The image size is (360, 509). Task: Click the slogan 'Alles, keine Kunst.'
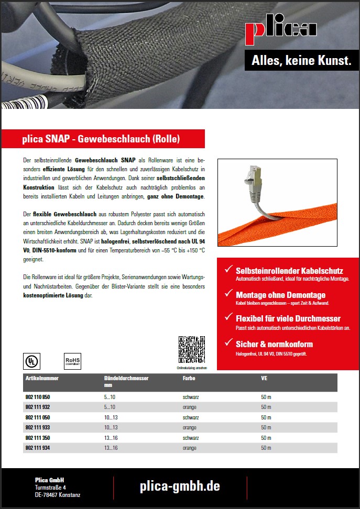click(301, 61)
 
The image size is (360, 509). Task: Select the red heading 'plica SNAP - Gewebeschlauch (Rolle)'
click(101, 139)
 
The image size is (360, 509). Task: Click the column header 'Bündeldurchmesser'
click(126, 378)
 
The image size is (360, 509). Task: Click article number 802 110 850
click(38, 397)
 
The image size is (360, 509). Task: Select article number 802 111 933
click(38, 428)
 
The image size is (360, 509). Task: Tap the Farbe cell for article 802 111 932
click(189, 407)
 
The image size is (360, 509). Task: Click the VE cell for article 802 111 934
click(266, 448)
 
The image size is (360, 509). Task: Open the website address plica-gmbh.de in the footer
click(180, 486)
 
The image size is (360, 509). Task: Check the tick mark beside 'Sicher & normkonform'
click(228, 344)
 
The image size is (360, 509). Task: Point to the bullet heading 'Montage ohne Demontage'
click(280, 295)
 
